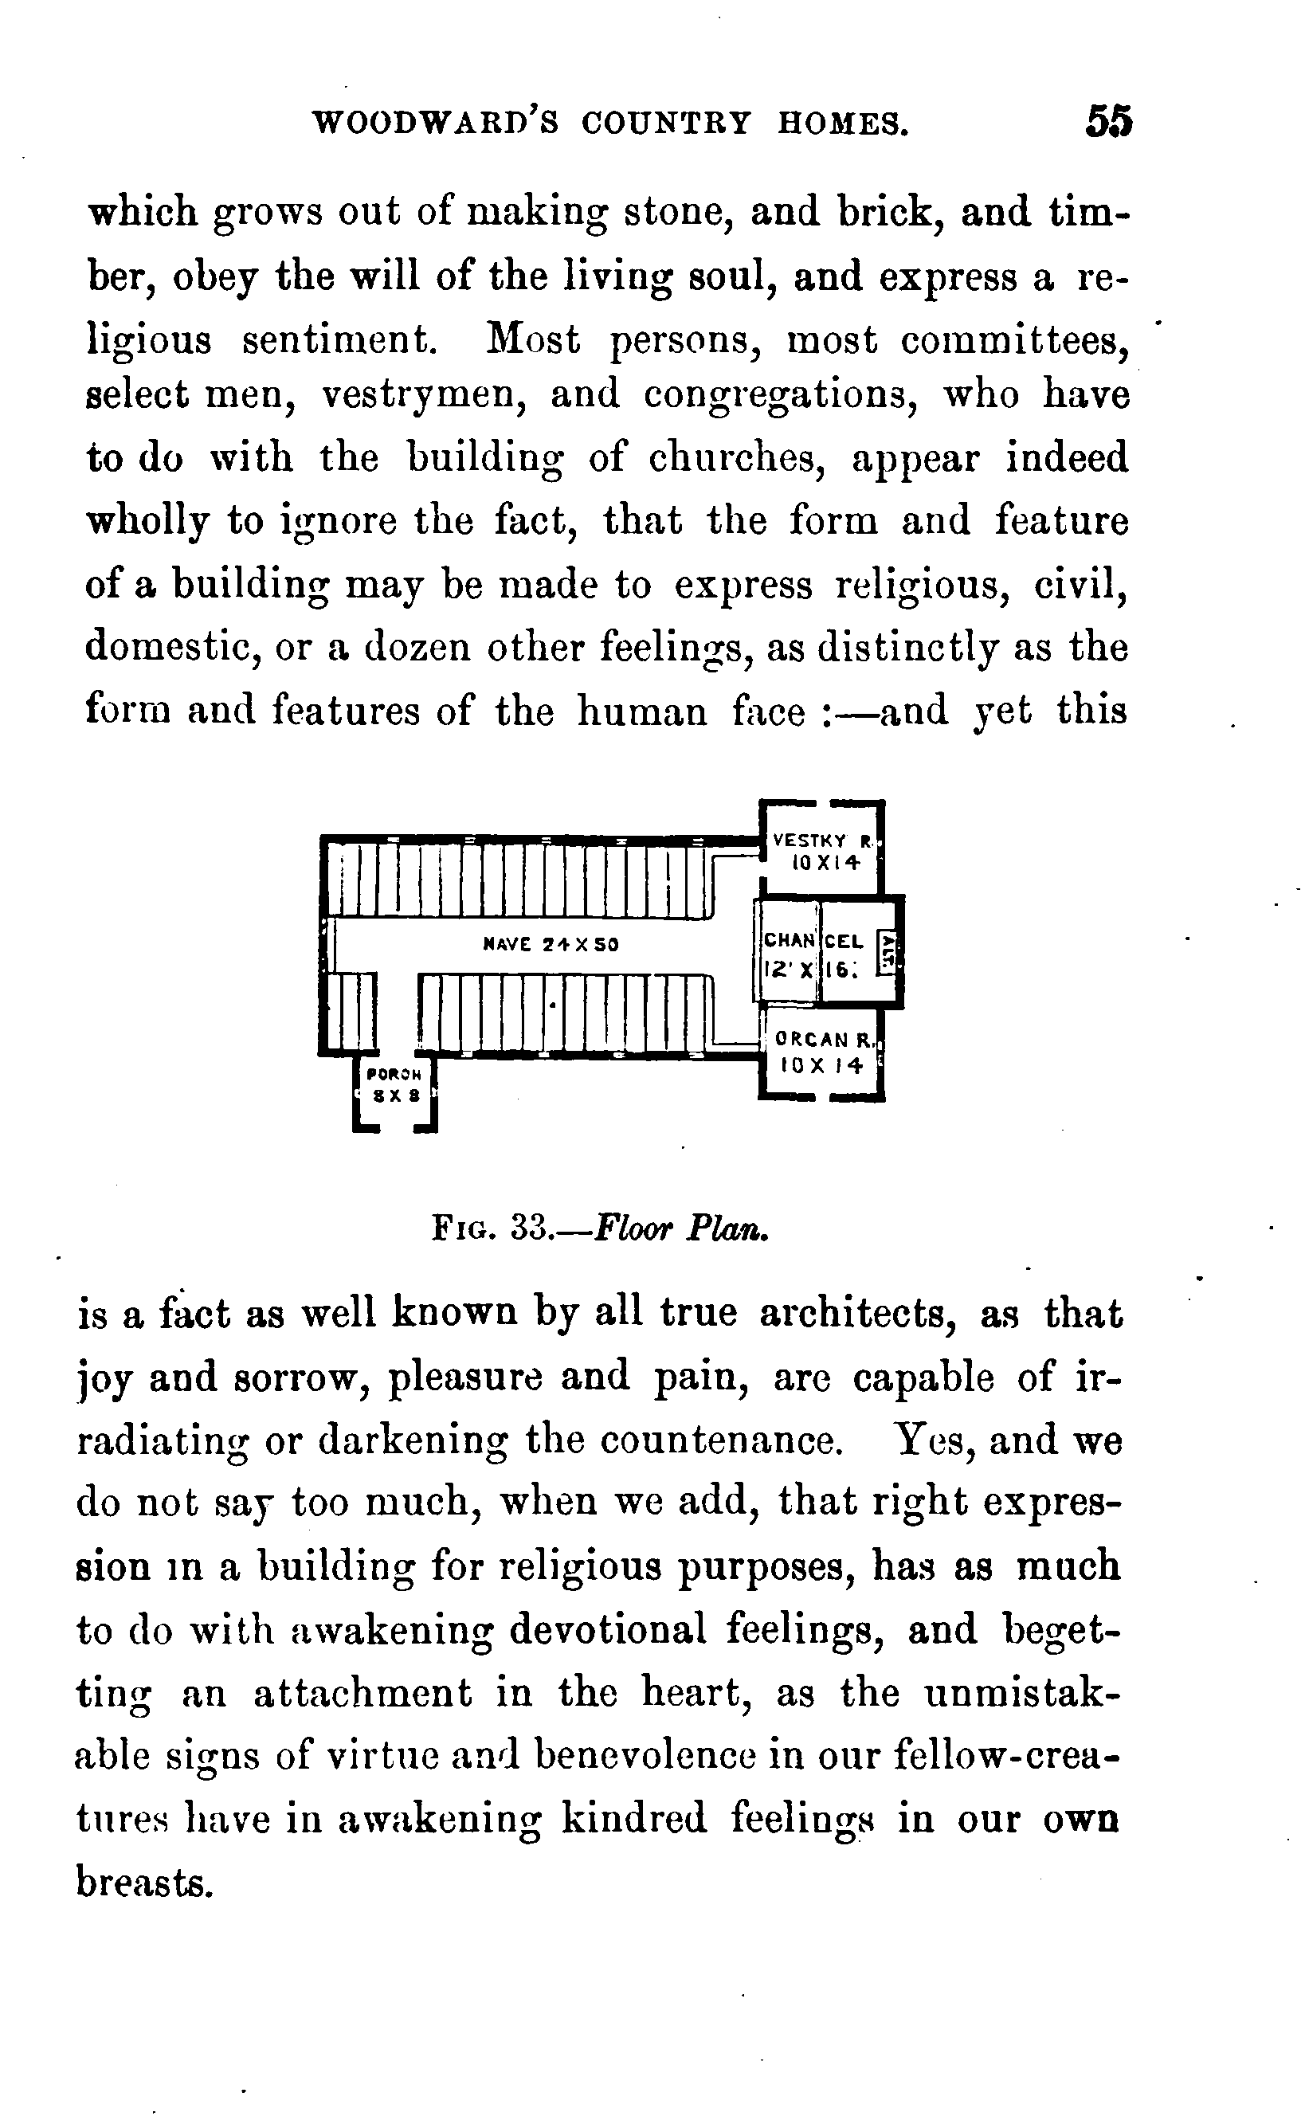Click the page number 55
click(1108, 121)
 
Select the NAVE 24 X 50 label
click(551, 945)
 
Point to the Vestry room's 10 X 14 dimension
click(825, 863)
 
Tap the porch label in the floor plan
click(394, 1075)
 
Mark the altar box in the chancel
click(886, 953)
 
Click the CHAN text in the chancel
click(789, 941)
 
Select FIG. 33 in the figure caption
click(492, 1228)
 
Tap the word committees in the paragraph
click(1014, 340)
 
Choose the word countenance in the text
click(721, 1440)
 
